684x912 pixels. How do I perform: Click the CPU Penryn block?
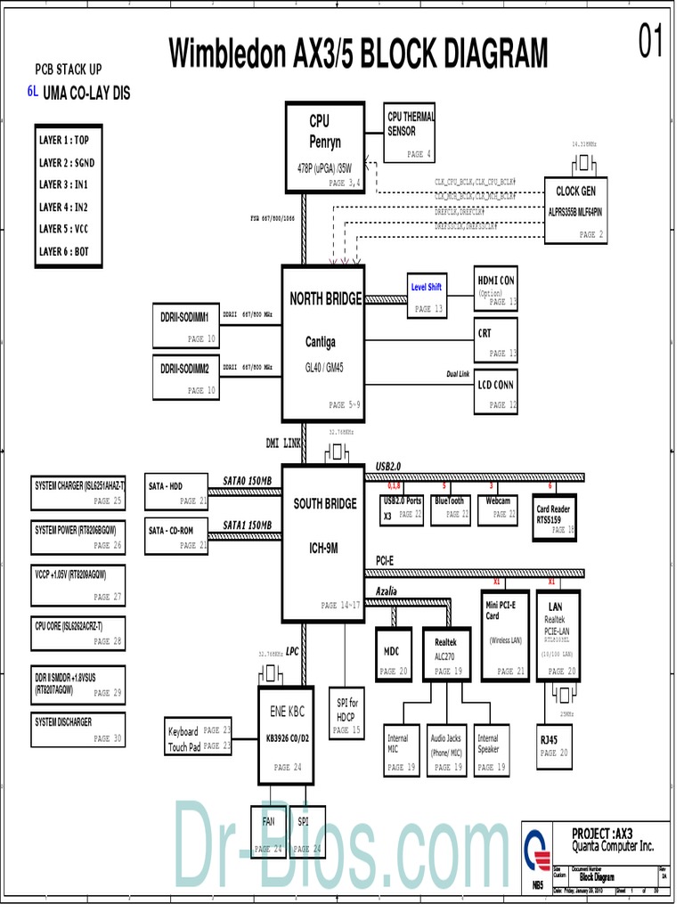(325, 147)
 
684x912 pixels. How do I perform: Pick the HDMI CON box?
(495, 289)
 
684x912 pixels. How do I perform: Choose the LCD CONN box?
(495, 391)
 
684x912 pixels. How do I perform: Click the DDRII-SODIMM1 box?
(184, 326)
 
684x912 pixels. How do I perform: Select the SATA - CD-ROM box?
(175, 535)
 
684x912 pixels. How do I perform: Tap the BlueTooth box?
(450, 508)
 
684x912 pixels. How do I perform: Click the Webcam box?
(499, 508)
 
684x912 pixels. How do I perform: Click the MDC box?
(392, 658)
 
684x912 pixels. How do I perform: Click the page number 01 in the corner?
(651, 42)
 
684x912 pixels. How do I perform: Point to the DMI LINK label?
(284, 443)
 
